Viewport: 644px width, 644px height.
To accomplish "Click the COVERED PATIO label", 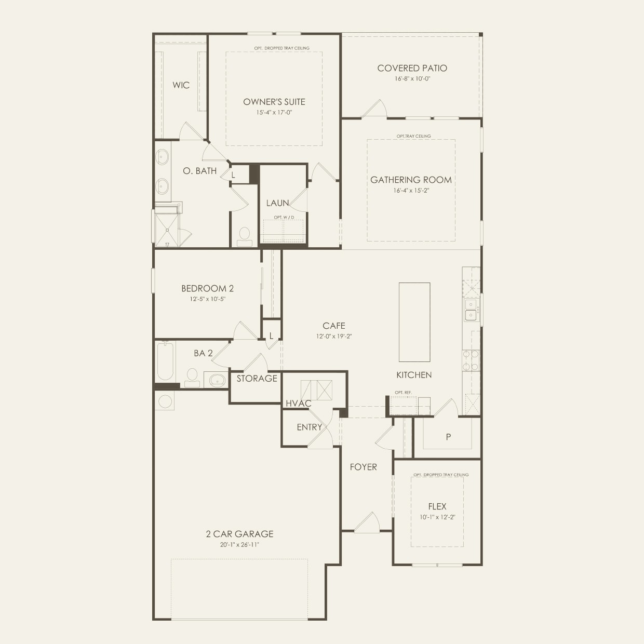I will (412, 68).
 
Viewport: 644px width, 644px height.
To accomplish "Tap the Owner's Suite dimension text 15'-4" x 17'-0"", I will (274, 113).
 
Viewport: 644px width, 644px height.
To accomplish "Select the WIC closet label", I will (181, 85).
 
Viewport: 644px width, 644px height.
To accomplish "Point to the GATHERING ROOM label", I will (411, 180).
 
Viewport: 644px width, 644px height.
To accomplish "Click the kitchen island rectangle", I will (414, 322).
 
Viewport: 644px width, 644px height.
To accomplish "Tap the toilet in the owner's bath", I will (244, 236).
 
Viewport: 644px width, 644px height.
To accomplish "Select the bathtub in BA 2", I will (166, 360).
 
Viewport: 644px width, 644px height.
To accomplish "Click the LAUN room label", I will (277, 203).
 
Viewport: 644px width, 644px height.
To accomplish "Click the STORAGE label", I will (257, 379).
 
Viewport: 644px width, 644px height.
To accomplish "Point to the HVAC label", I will (298, 404).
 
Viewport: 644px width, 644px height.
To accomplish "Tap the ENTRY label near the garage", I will (310, 427).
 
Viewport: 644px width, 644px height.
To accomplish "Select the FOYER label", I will (363, 467).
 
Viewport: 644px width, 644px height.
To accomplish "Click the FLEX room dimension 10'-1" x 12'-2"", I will (437, 517).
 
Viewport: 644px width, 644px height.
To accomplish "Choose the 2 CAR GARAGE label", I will (239, 534).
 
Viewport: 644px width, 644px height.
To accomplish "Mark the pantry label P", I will (448, 437).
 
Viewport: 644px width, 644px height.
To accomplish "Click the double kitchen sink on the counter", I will (471, 310).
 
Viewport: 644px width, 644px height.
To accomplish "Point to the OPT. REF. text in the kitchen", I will (403, 392).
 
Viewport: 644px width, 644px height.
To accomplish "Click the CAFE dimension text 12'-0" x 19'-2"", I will (333, 336).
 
